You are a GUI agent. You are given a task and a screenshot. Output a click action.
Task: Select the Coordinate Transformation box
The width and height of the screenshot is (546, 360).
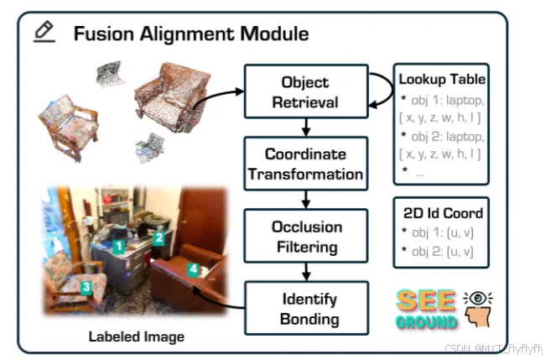tap(305, 164)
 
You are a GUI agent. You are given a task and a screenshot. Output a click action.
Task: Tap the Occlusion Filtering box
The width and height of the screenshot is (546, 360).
tap(305, 236)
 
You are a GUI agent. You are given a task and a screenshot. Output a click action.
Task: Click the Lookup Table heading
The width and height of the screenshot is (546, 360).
tap(442, 80)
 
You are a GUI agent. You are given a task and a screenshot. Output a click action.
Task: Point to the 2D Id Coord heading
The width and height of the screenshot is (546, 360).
tap(441, 213)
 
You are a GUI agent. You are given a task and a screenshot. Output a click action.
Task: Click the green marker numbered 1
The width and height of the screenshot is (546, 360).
tap(120, 246)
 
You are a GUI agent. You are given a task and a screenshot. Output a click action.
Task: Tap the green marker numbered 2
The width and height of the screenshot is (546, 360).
tap(158, 237)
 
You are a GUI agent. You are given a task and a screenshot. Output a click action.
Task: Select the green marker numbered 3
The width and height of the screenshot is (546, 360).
tap(86, 286)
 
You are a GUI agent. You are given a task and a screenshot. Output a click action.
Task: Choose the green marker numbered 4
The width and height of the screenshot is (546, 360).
tap(193, 269)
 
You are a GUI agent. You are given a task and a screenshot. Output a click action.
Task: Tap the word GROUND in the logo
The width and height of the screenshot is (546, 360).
tap(428, 321)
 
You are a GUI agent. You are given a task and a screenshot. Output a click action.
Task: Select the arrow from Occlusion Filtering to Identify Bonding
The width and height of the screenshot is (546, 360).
tap(305, 271)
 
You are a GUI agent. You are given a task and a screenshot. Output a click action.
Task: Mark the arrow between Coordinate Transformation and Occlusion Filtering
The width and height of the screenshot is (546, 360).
tap(305, 199)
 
